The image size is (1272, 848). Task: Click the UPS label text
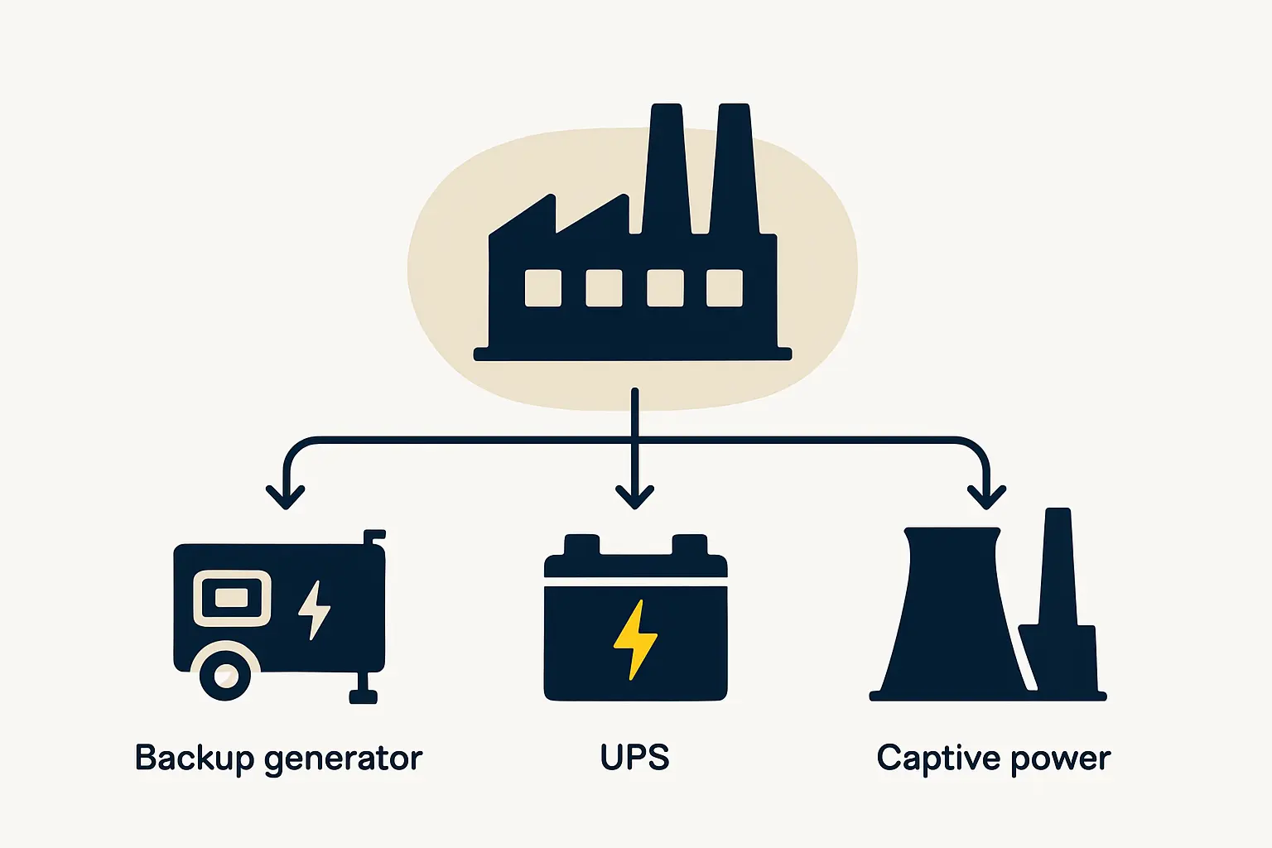pos(634,757)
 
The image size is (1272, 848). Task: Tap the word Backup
pos(194,758)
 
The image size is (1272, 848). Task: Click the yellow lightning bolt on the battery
pos(634,639)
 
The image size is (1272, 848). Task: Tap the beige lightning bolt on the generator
pos(315,609)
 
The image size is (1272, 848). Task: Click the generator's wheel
pos(225,676)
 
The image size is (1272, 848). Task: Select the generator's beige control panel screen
pos(232,597)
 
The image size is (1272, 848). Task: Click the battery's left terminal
pos(581,545)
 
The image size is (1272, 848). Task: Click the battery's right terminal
pos(689,545)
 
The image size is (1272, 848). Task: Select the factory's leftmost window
pos(543,288)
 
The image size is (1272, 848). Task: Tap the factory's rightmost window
pos(725,288)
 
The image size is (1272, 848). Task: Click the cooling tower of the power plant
pos(952,613)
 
